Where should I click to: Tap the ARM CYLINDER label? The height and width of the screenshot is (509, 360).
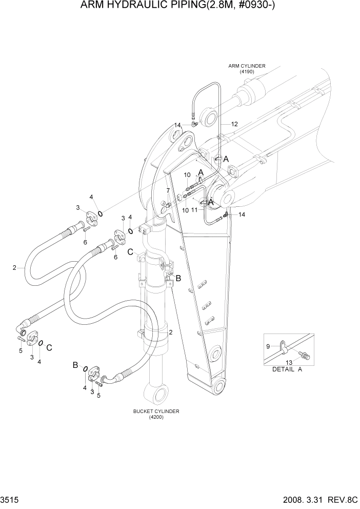coord(247,66)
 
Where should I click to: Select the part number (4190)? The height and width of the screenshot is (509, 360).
coord(247,71)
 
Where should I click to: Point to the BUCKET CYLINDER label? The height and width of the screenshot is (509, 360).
coord(156,411)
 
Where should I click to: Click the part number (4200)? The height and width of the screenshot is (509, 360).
coord(156,417)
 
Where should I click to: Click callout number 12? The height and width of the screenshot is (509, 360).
coord(234,124)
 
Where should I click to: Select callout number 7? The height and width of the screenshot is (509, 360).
coord(168,191)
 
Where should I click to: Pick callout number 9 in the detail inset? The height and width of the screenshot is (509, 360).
coord(267,346)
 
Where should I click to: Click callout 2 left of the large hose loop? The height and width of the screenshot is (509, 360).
coord(14,267)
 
